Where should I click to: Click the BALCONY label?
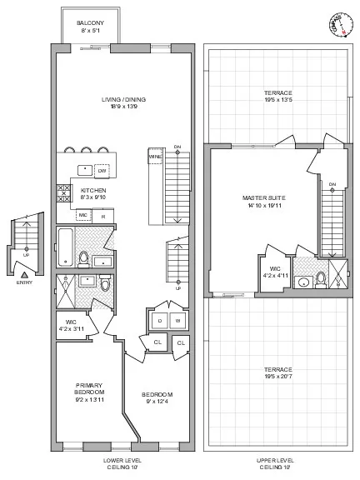(90, 23)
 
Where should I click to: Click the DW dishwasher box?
(102, 171)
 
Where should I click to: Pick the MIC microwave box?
(82, 215)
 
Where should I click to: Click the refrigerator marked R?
(102, 215)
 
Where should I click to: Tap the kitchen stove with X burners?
(62, 194)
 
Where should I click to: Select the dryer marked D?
(158, 320)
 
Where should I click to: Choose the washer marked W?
(177, 320)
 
